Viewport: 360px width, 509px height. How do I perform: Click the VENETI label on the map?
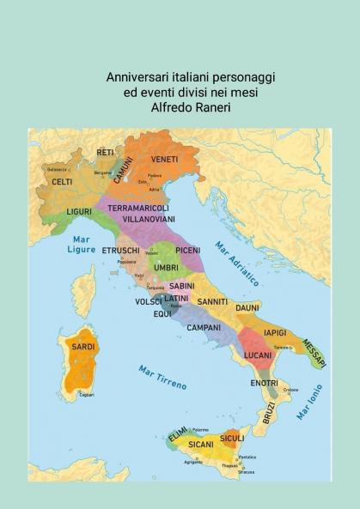pyautogui.click(x=165, y=160)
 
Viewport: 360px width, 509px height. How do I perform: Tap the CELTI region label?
pyautogui.click(x=62, y=182)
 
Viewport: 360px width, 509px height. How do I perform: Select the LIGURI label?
pyautogui.click(x=79, y=211)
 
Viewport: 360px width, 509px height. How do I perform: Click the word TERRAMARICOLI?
pyautogui.click(x=138, y=208)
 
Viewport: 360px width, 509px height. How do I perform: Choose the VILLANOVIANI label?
pyautogui.click(x=148, y=220)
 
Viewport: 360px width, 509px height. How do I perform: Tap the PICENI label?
pyautogui.click(x=187, y=250)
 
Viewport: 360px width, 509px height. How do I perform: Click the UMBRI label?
pyautogui.click(x=167, y=268)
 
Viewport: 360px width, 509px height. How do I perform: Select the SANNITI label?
pyautogui.click(x=212, y=301)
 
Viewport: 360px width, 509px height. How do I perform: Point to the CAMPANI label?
pyautogui.click(x=204, y=327)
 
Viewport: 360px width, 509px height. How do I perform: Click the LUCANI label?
pyautogui.click(x=258, y=354)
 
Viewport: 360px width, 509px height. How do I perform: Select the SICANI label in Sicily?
pyautogui.click(x=201, y=445)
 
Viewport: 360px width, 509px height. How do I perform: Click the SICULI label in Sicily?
pyautogui.click(x=232, y=438)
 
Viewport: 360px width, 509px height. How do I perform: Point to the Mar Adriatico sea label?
pyautogui.click(x=237, y=263)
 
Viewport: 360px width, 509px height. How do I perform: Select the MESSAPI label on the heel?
pyautogui.click(x=314, y=353)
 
